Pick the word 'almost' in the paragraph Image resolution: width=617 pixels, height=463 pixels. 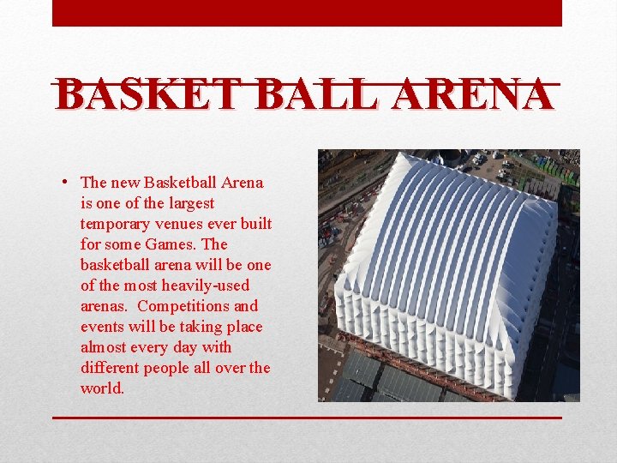coord(102,347)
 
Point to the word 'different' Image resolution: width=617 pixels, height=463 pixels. coord(109,368)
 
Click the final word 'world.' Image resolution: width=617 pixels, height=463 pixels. coord(102,388)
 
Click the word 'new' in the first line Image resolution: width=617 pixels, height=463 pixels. coord(125,183)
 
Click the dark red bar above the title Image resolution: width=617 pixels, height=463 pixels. coord(307,13)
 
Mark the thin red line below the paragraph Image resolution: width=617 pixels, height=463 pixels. coord(307,418)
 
